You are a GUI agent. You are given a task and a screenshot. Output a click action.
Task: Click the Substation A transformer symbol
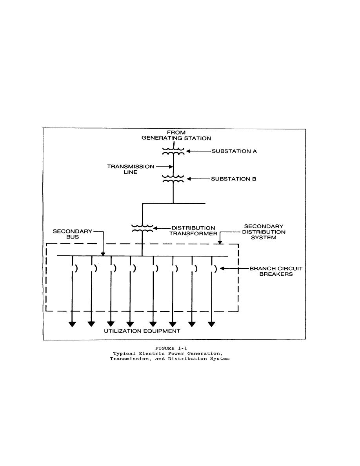(173, 151)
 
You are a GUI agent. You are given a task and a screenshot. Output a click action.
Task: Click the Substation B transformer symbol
(173, 178)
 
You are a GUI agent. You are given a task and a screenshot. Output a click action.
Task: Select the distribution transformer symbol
(142, 228)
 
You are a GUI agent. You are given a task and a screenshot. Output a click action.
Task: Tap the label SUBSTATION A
(234, 151)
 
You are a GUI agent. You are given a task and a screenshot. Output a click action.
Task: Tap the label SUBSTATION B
(233, 179)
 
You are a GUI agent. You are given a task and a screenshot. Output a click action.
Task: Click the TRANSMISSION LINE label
(131, 169)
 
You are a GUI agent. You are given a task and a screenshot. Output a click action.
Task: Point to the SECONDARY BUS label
(73, 234)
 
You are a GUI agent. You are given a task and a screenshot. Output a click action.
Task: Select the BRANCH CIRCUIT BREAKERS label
(276, 271)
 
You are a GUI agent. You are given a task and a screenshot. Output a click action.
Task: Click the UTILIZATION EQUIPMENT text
(142, 331)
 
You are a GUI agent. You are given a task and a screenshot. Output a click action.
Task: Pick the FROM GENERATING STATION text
(176, 135)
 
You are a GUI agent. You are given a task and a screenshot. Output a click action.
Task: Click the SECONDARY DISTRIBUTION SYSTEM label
(264, 232)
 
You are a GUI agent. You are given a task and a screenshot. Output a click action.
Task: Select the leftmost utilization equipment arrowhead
(72, 324)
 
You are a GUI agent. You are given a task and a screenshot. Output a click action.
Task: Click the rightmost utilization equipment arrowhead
(211, 324)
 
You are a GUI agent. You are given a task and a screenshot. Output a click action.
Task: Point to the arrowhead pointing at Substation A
(188, 151)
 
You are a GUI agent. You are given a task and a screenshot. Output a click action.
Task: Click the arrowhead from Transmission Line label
(171, 167)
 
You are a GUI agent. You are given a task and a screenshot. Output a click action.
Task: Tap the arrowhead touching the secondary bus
(103, 254)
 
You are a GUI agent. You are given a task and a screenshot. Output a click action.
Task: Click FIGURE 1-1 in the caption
(171, 348)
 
